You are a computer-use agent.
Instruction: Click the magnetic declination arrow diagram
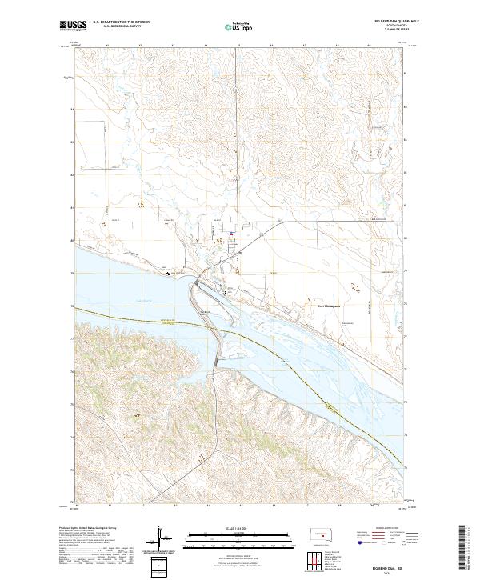159,538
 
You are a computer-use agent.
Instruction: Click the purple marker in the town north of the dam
231,234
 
